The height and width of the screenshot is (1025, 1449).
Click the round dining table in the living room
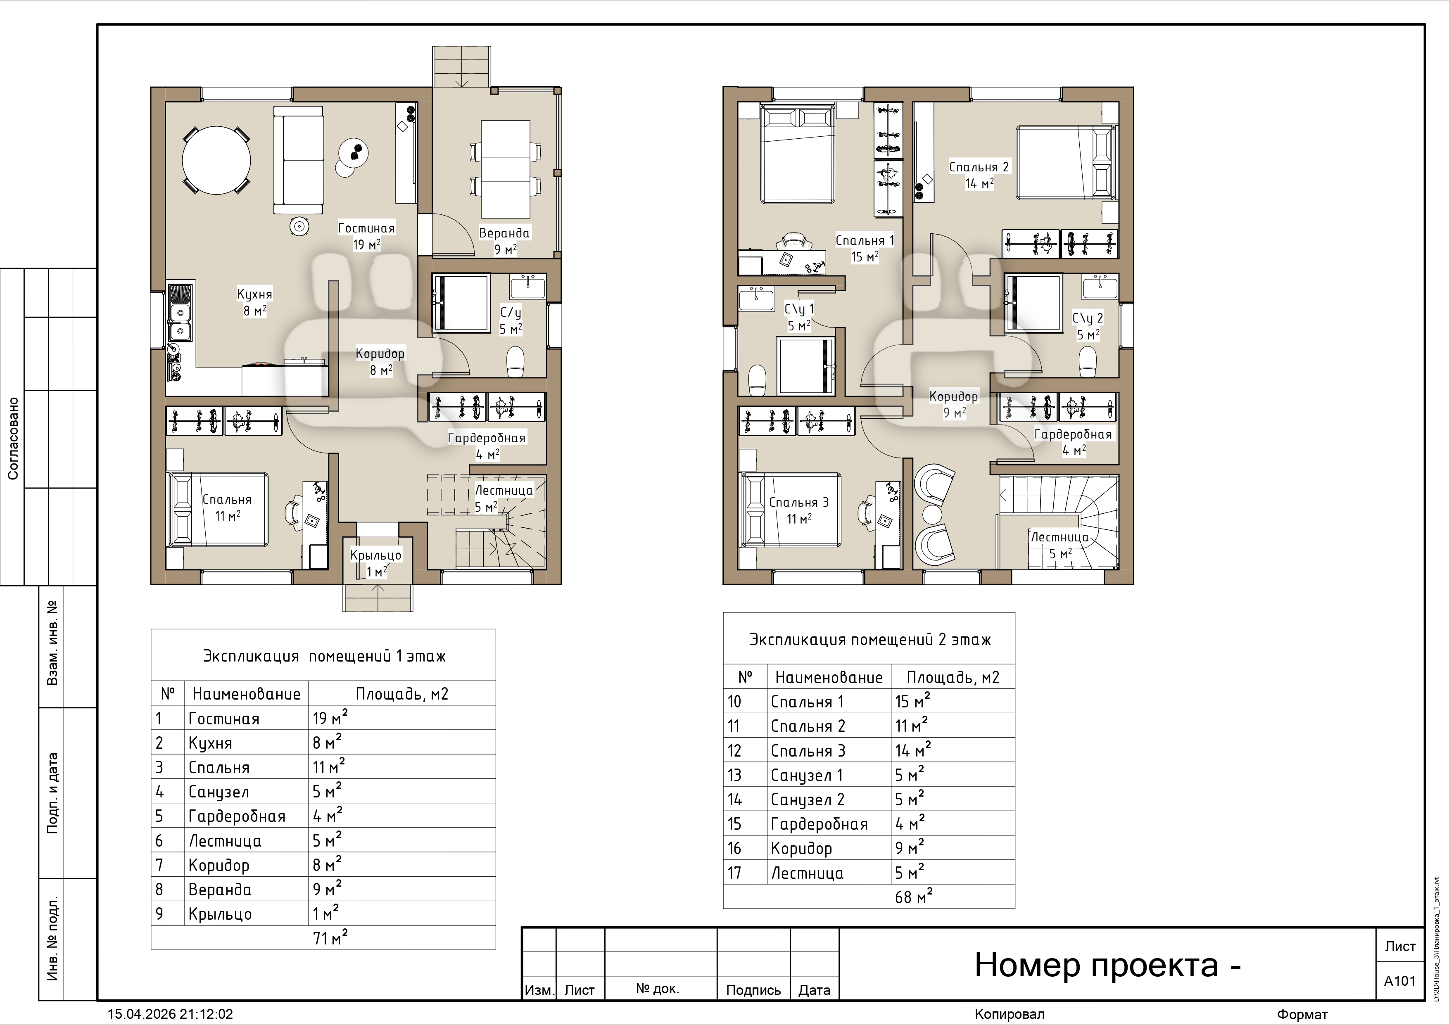point(216,160)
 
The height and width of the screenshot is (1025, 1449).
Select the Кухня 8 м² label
point(255,302)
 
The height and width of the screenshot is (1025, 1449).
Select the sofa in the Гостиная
point(299,160)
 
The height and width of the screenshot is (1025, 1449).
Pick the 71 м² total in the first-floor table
point(330,937)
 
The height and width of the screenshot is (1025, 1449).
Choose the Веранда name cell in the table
point(220,889)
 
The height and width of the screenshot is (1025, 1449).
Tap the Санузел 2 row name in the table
point(807,800)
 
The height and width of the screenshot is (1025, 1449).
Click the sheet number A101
point(1400,981)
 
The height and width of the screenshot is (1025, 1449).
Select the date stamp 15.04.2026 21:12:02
point(171,1014)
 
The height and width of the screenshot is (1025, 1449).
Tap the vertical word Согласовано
point(13,438)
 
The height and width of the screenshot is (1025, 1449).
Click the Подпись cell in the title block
point(753,989)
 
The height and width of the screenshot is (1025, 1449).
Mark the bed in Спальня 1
point(799,154)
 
